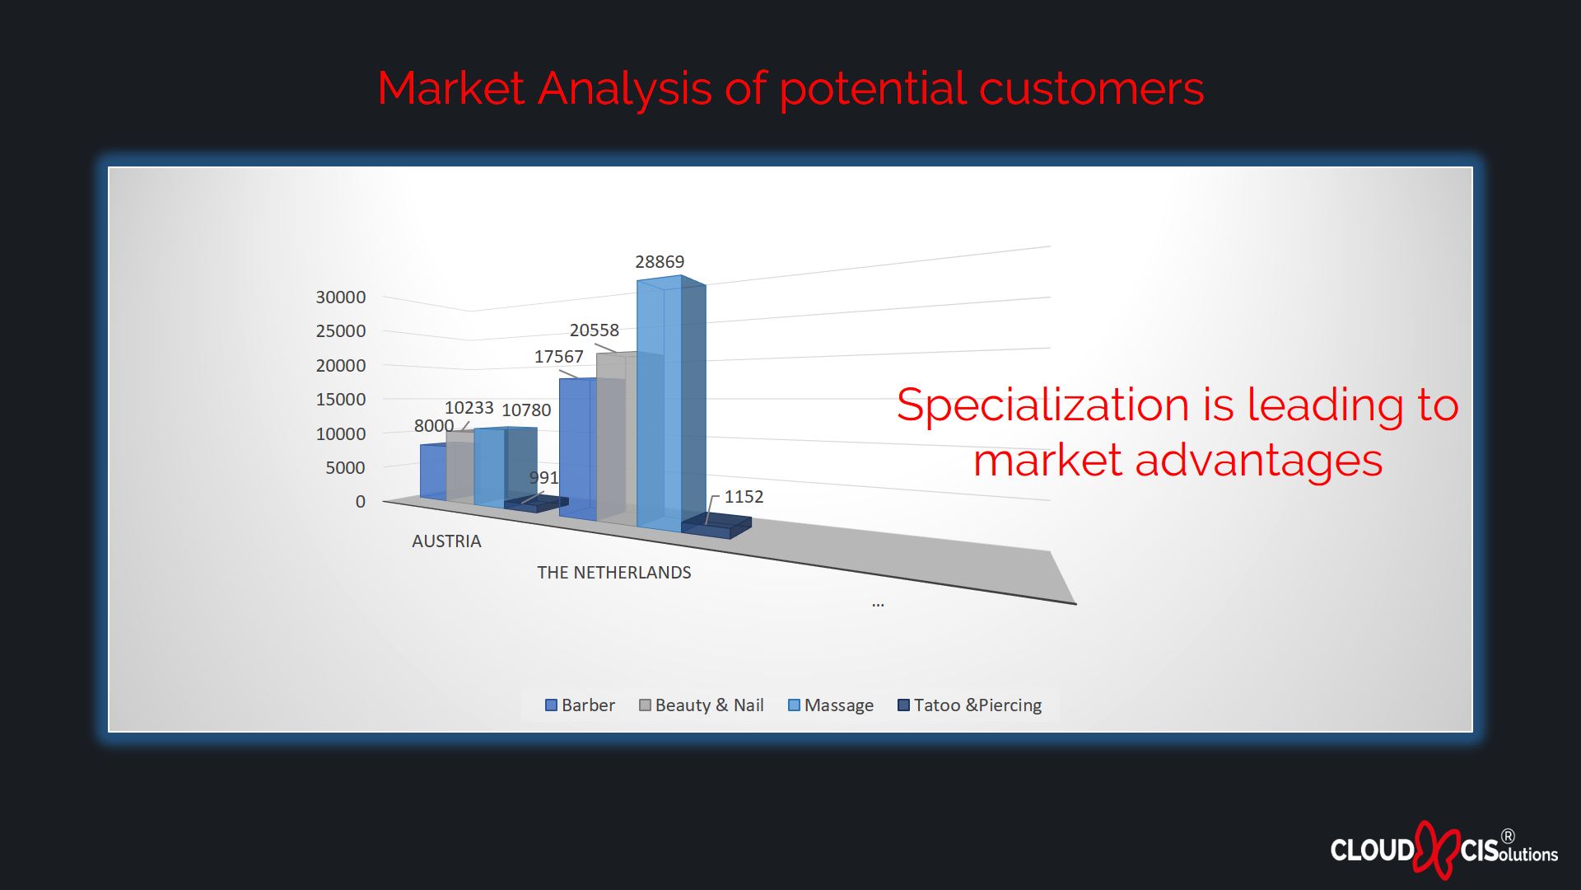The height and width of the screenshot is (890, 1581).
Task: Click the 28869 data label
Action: (x=660, y=262)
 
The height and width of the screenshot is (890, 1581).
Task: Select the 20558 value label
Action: (x=595, y=330)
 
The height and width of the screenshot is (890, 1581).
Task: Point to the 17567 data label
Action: (x=559, y=357)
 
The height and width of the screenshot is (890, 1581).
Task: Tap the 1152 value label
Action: (x=744, y=497)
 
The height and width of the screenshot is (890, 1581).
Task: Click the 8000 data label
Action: (x=434, y=426)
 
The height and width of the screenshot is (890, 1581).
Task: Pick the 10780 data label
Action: (x=526, y=410)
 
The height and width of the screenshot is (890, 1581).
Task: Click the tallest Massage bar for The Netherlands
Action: (x=671, y=404)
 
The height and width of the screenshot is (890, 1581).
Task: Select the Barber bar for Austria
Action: (x=434, y=471)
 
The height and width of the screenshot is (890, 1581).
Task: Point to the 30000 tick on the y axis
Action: (x=341, y=297)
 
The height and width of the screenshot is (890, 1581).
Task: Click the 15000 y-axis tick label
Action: (x=341, y=400)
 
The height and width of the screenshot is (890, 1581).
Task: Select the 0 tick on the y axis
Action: (x=361, y=502)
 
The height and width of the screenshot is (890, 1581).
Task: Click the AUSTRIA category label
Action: (x=446, y=541)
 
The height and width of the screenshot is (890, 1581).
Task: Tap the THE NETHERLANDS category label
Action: (x=614, y=573)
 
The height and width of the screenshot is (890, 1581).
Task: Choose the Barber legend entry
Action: (x=580, y=705)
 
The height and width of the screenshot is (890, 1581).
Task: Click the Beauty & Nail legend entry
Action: (x=702, y=705)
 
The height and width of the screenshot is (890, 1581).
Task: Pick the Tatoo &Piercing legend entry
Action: (x=970, y=705)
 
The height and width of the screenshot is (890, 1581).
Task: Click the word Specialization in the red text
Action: (x=1042, y=406)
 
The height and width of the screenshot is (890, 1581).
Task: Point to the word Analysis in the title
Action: (x=624, y=88)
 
